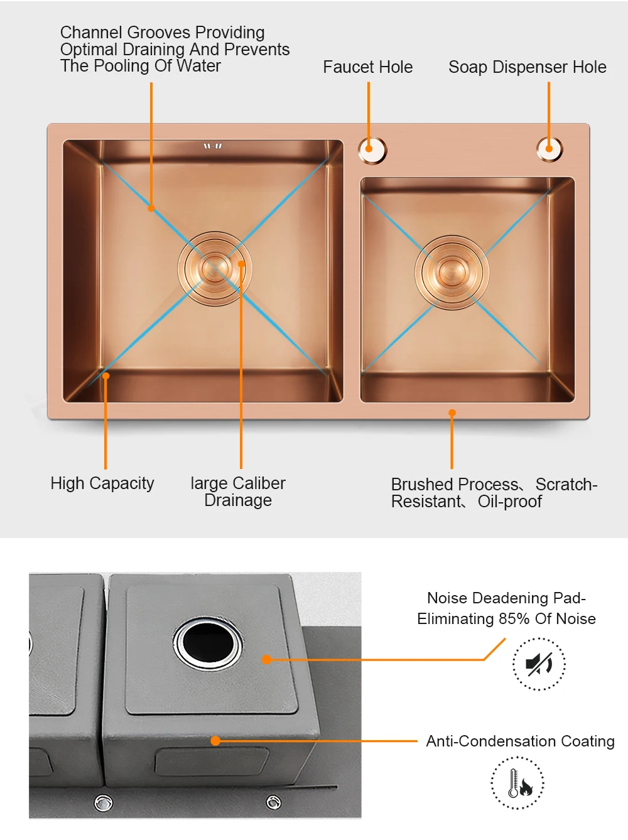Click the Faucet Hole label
click(x=367, y=67)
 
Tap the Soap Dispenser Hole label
click(x=527, y=67)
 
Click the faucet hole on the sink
click(x=372, y=150)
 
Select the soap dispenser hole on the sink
click(x=549, y=149)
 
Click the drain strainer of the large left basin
click(x=215, y=269)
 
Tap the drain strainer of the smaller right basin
click(x=451, y=272)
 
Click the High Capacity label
click(x=102, y=483)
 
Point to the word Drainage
click(x=238, y=500)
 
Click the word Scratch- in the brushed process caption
click(x=566, y=485)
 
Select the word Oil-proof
click(x=509, y=502)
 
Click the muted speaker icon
click(x=539, y=664)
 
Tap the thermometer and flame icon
click(x=517, y=783)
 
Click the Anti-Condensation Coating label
click(x=520, y=741)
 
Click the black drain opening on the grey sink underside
click(x=208, y=643)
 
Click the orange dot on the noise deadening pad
click(x=267, y=659)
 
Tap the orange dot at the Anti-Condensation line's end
click(x=215, y=741)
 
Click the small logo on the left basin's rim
click(x=212, y=146)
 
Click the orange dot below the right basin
click(x=452, y=412)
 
